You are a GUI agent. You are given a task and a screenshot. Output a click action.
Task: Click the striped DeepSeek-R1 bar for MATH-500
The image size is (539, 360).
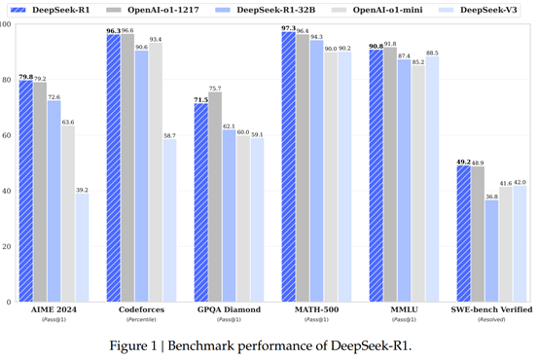click(289, 166)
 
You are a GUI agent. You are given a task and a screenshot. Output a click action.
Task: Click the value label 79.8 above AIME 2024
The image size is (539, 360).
click(25, 75)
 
